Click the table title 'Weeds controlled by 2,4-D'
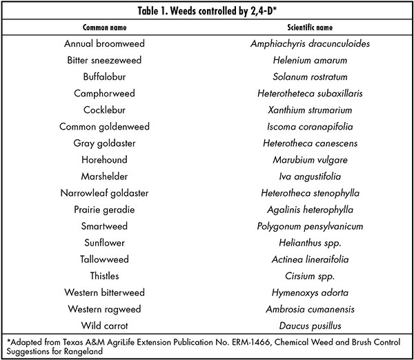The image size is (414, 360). [x=221, y=11]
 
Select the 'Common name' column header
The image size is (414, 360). [x=105, y=28]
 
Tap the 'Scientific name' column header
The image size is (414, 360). [x=310, y=28]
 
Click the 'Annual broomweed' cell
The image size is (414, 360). [x=105, y=43]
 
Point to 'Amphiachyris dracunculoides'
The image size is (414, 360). [x=310, y=44]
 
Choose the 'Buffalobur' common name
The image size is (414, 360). [x=105, y=77]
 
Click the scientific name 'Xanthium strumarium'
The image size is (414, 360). [x=310, y=110]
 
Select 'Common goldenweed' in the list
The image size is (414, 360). [x=105, y=127]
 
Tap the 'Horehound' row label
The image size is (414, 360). [x=105, y=160]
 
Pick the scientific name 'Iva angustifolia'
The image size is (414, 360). [x=310, y=177]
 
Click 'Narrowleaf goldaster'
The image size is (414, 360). [x=105, y=194]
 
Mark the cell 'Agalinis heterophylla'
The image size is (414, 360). [x=310, y=210]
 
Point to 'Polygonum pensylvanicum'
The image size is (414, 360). [x=310, y=227]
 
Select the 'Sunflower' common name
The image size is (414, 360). [x=105, y=243]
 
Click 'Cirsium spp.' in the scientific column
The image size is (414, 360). [x=310, y=277]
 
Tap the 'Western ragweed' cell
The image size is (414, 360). [x=105, y=310]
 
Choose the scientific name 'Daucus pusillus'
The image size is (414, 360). [x=310, y=326]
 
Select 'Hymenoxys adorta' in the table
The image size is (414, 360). [x=310, y=293]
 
